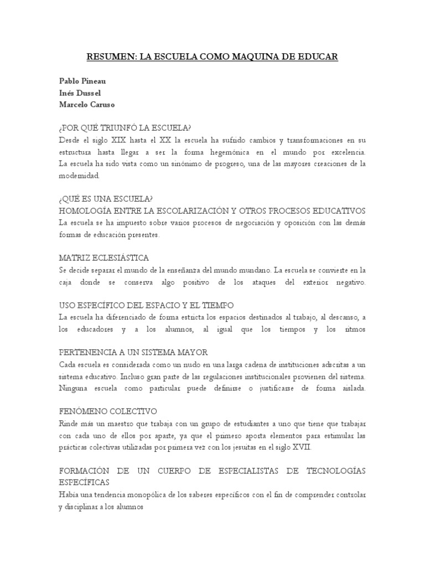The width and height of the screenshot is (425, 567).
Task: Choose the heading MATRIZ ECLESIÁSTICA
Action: pos(103,258)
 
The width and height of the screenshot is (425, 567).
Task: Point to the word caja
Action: pos(65,282)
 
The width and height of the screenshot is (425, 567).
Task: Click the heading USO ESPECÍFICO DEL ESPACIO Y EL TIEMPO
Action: pos(146,305)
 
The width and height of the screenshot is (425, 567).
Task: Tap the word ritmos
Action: pos(354,329)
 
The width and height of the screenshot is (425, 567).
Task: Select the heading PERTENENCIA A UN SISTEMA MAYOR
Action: pos(133,352)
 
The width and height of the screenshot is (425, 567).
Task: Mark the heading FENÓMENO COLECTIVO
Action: pos(107,411)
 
